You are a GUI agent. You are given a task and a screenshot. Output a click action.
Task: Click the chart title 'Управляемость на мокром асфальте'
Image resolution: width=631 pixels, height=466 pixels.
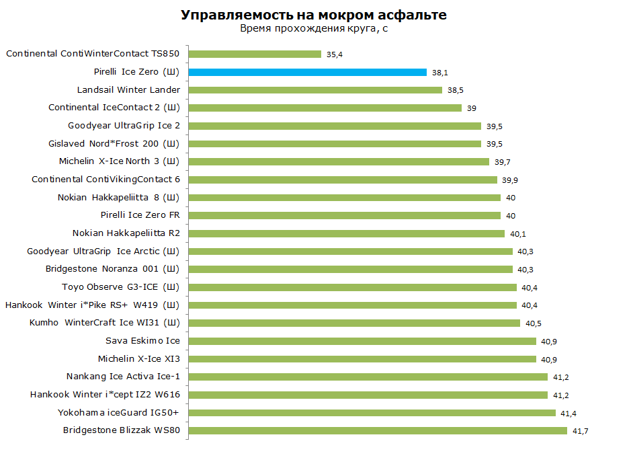tap(314, 15)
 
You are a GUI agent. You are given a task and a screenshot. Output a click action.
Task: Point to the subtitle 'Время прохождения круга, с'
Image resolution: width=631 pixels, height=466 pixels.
tap(314, 29)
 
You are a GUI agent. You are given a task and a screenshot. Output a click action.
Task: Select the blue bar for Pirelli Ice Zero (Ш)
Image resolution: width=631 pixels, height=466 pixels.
tap(308, 72)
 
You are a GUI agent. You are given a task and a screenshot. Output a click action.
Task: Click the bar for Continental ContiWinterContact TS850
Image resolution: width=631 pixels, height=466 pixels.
tap(255, 54)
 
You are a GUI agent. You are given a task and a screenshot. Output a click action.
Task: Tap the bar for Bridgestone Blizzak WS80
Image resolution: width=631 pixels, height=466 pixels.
tap(378, 430)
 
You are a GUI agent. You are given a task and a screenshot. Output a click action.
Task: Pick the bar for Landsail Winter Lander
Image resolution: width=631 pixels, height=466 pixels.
tap(315, 89)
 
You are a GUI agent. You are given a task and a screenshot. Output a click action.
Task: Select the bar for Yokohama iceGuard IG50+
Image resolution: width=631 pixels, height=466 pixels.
tap(372, 412)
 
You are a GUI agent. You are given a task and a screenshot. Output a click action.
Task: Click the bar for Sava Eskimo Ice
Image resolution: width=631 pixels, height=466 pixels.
tap(362, 341)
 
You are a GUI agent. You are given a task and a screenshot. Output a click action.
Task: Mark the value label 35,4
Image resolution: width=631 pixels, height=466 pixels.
tap(335, 54)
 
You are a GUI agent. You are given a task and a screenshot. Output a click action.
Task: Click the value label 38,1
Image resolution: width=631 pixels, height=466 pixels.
tap(440, 73)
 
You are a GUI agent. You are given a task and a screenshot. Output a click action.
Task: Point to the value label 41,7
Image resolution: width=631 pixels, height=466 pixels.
tap(580, 431)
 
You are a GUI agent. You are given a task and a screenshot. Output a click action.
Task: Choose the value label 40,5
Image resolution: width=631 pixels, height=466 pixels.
tap(534, 323)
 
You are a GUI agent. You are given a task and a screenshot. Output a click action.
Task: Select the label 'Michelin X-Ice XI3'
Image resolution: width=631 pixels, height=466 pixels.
tap(139, 358)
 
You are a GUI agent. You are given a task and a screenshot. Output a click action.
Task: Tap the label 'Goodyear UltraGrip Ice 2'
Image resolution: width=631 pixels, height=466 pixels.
tap(124, 126)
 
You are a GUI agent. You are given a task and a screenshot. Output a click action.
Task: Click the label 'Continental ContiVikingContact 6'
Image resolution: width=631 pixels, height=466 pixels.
tap(106, 180)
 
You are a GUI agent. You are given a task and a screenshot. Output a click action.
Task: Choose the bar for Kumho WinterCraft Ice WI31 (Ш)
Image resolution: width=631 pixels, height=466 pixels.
tap(354, 323)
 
